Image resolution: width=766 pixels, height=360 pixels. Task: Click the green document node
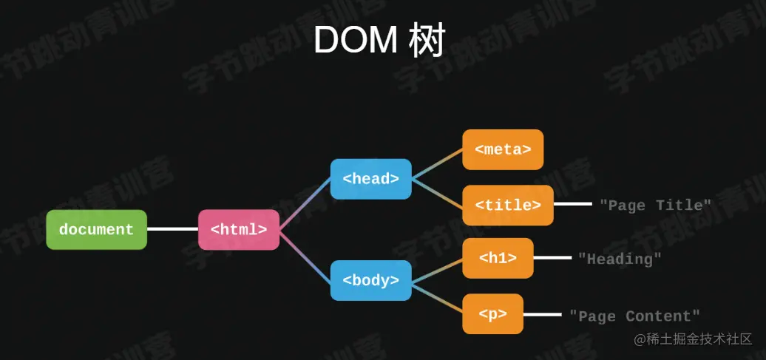(x=96, y=230)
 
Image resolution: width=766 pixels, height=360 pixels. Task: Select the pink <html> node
(x=238, y=230)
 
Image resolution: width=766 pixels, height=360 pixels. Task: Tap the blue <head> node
(x=370, y=179)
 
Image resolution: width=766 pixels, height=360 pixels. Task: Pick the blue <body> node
(x=370, y=280)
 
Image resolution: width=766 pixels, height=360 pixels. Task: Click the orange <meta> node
(x=503, y=149)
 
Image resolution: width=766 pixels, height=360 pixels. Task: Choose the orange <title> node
(x=507, y=205)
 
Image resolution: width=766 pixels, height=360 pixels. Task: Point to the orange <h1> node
(x=498, y=258)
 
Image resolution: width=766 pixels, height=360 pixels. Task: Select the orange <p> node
(x=492, y=314)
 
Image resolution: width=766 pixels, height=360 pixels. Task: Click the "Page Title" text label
(x=655, y=205)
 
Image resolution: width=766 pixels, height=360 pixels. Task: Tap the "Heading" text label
(x=620, y=259)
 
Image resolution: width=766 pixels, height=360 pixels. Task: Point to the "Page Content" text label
(x=634, y=316)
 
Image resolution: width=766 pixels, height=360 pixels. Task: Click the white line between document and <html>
(x=172, y=229)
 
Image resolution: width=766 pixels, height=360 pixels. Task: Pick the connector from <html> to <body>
(x=305, y=256)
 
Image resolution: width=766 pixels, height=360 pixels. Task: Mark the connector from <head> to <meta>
(x=437, y=164)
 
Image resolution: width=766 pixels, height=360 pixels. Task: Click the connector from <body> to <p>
(x=437, y=297)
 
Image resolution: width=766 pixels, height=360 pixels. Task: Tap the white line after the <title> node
(x=572, y=204)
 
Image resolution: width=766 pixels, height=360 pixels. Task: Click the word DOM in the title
(x=356, y=41)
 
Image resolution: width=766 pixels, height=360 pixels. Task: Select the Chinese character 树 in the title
(x=428, y=41)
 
